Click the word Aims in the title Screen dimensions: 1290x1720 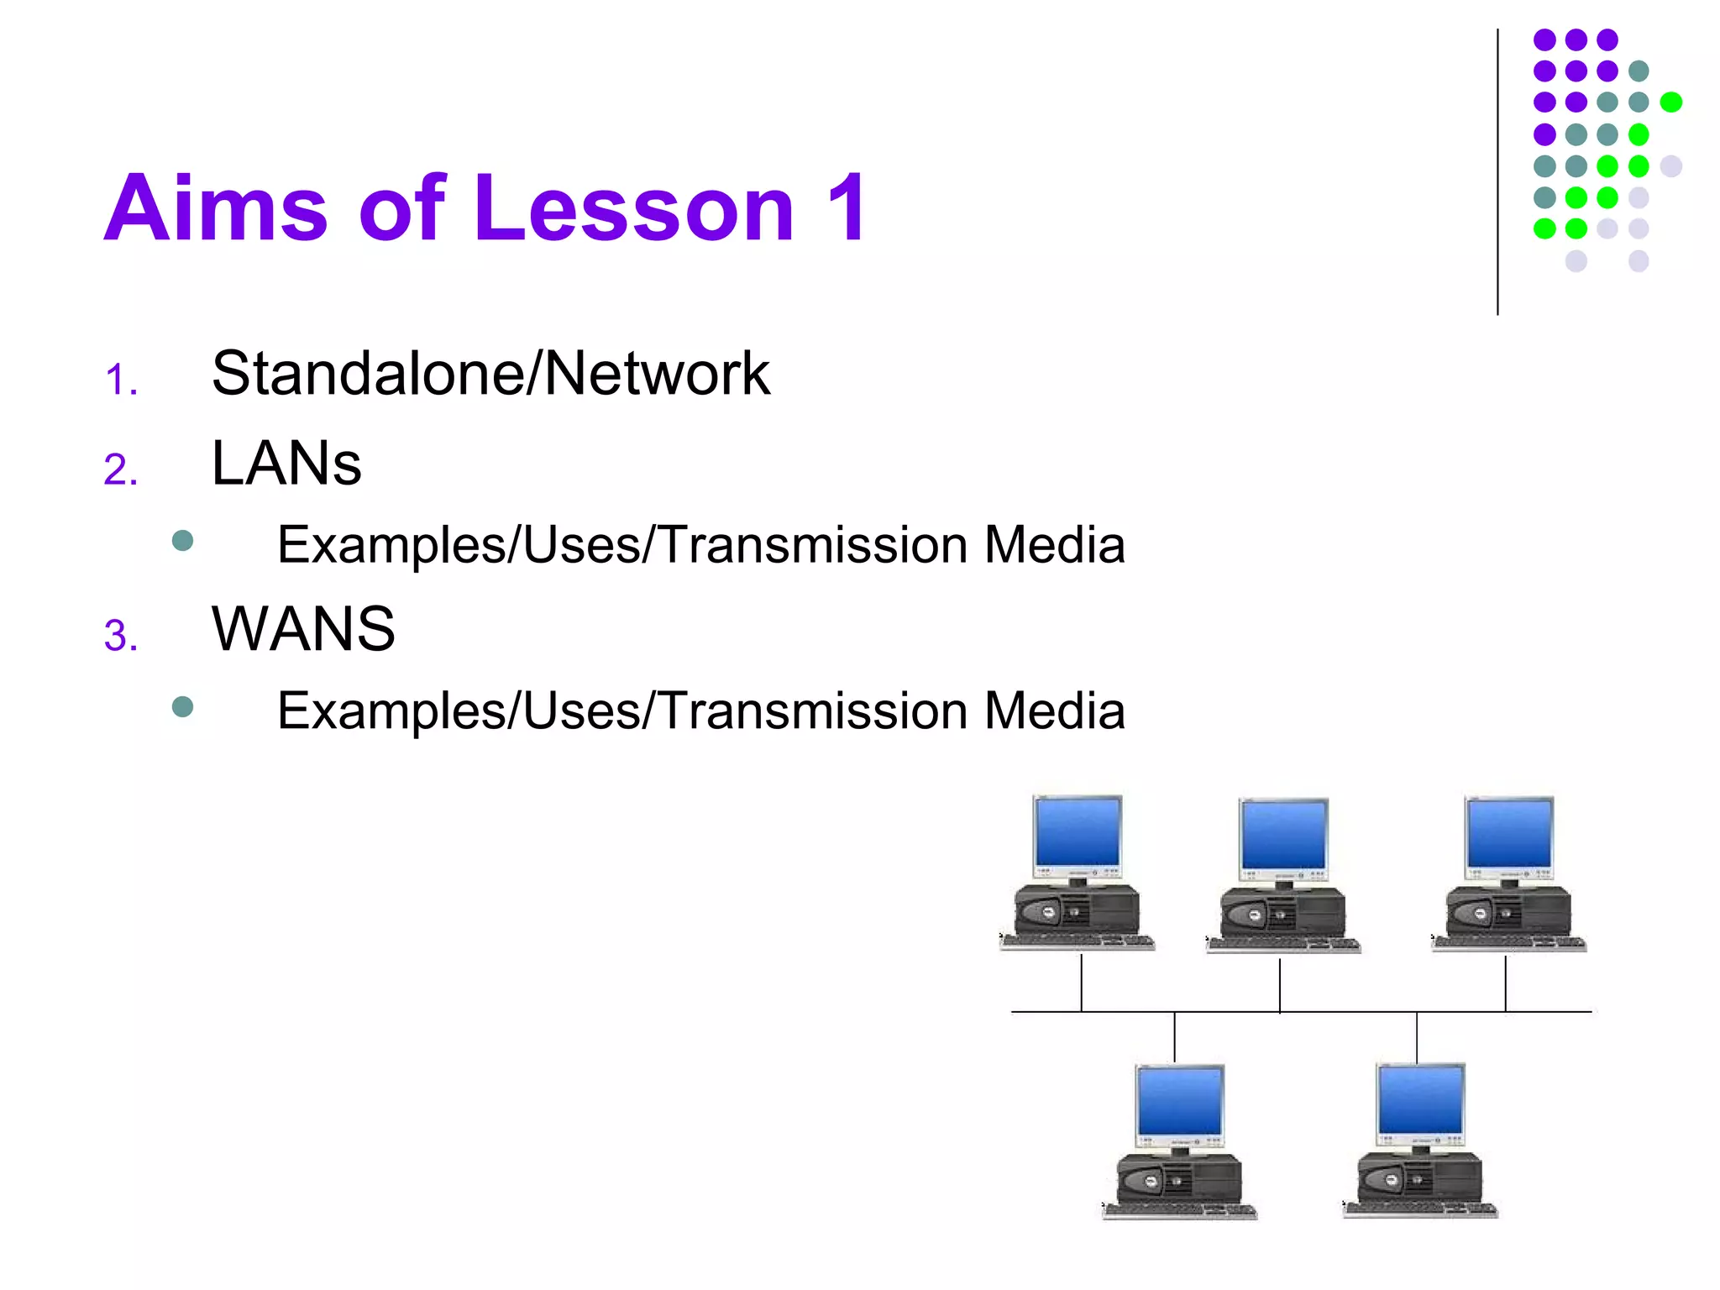pyautogui.click(x=215, y=207)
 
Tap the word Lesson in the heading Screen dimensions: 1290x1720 pyautogui.click(x=633, y=207)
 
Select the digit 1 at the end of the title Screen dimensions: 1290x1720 pyautogui.click(x=845, y=207)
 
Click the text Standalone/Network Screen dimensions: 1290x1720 pyautogui.click(x=490, y=374)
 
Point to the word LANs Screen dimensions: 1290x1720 pyautogui.click(x=286, y=464)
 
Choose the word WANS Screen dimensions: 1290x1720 pyautogui.click(x=303, y=629)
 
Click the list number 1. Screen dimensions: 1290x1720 pyautogui.click(x=121, y=380)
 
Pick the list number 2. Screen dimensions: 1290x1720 pyautogui.click(x=121, y=469)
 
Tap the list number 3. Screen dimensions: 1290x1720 pyautogui.click(x=121, y=636)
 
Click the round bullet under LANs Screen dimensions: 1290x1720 pyautogui.click(x=182, y=540)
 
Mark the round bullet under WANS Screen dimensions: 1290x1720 pyautogui.click(x=182, y=706)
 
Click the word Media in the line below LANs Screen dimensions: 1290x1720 pyautogui.click(x=1054, y=545)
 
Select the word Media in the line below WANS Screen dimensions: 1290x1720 pyautogui.click(x=1054, y=711)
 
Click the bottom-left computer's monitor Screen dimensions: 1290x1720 pyautogui.click(x=1180, y=1101)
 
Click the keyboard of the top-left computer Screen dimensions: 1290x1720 pyautogui.click(x=1078, y=942)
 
